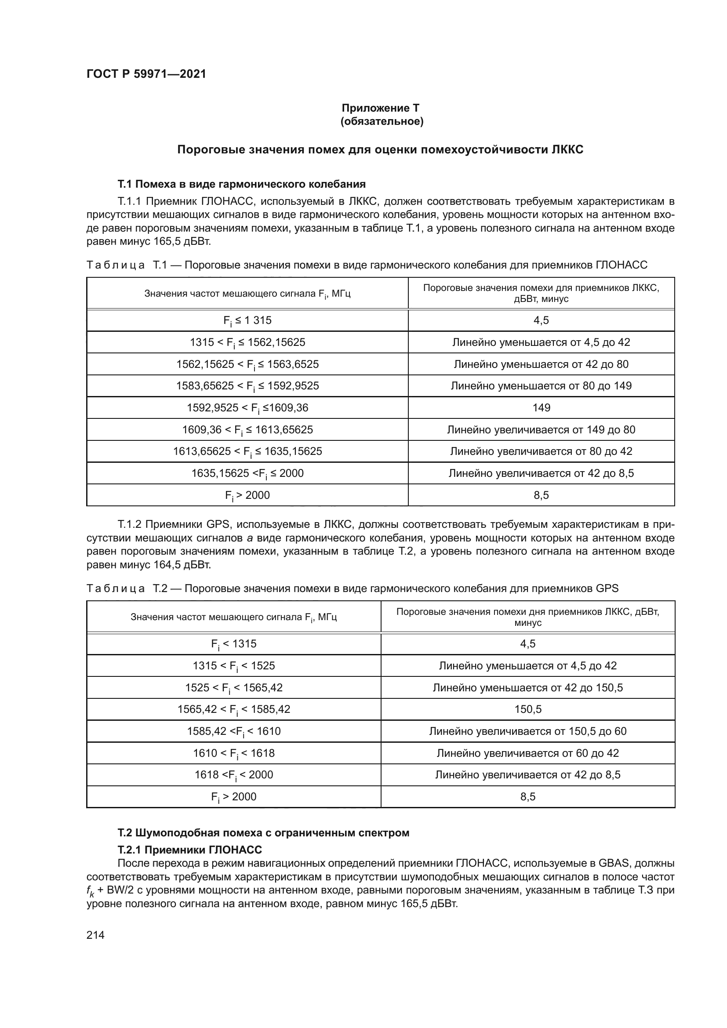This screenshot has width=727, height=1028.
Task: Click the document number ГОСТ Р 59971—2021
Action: click(146, 74)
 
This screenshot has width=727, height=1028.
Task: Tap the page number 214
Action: click(95, 935)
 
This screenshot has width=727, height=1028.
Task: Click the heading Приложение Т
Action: click(381, 108)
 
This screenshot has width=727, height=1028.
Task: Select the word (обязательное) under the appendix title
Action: click(382, 121)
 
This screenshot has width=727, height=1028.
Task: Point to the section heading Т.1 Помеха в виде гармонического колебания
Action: click(241, 184)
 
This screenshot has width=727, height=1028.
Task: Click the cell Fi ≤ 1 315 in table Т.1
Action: click(247, 320)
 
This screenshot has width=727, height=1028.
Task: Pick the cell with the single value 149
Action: click(541, 408)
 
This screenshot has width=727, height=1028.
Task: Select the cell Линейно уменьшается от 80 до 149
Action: click(541, 386)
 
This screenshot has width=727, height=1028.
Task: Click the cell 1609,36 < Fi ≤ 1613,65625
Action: click(247, 430)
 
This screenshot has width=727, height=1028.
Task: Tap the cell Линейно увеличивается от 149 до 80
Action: click(541, 430)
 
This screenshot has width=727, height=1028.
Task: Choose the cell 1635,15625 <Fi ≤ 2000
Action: click(247, 473)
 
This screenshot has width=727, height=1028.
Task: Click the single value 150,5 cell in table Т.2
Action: click(527, 709)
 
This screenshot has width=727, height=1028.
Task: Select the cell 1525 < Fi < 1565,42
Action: click(234, 688)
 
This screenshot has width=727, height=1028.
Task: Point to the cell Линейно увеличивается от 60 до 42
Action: click(527, 753)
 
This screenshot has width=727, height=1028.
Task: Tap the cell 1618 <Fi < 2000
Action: click(234, 775)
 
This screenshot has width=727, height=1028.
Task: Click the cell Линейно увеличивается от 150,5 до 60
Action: click(527, 731)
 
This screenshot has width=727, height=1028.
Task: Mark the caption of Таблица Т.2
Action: click(352, 588)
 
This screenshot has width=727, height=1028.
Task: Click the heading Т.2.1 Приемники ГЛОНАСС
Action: click(190, 850)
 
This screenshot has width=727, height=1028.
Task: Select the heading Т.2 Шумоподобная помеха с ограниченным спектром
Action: click(263, 833)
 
